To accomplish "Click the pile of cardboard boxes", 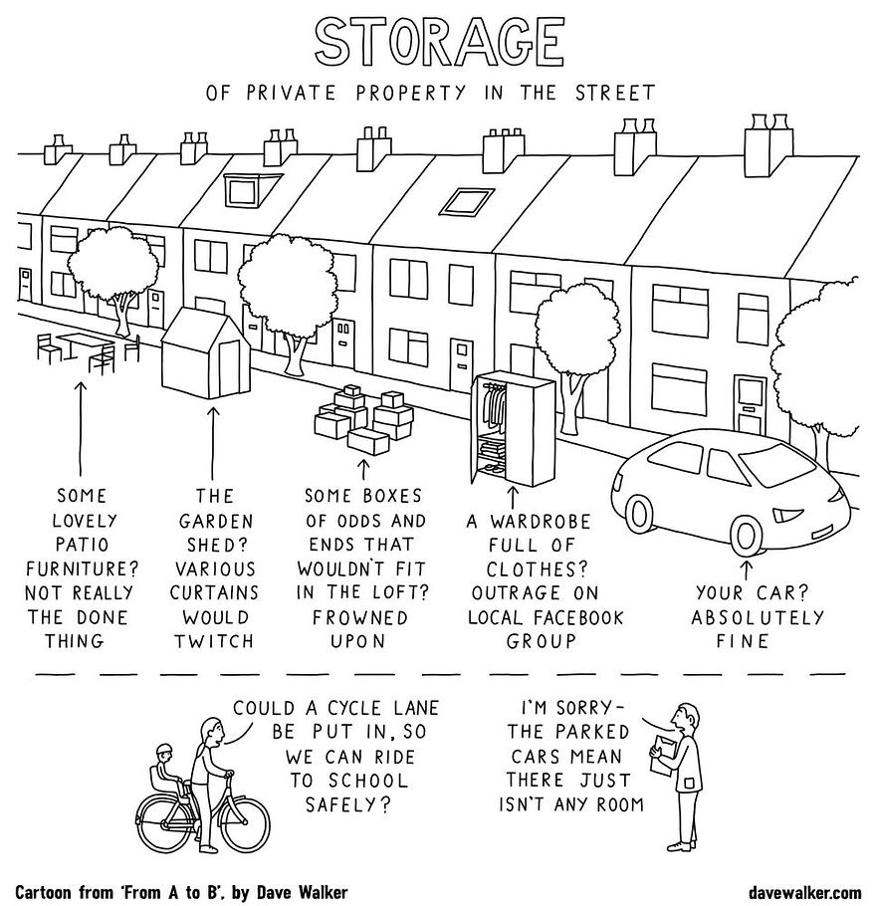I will point(363,418).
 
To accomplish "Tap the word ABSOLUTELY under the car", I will point(758,617).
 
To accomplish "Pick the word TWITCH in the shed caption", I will point(215,641).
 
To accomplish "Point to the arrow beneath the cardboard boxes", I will point(363,465).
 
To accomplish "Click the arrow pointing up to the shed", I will point(213,438).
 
